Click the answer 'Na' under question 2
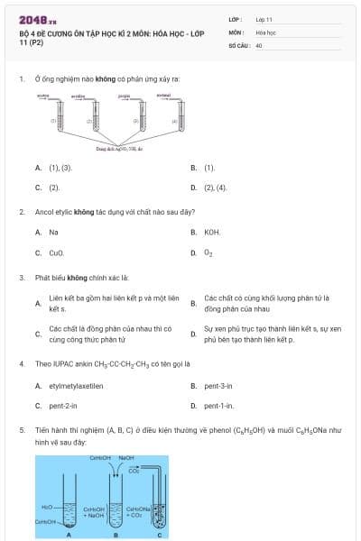point(53,232)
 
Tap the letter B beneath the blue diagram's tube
point(118,535)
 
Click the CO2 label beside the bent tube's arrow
point(134,470)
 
